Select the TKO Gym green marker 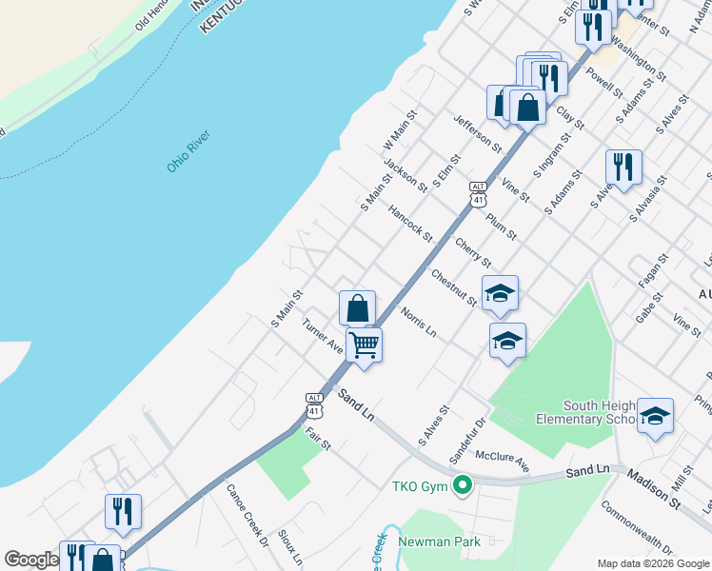tap(463, 486)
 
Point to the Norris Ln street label tap(418, 324)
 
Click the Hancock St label tap(410, 224)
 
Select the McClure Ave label tap(502, 461)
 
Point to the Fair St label tap(318, 439)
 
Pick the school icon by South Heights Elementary tap(655, 415)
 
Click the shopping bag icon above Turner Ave tap(358, 307)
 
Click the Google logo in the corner tap(30, 560)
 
